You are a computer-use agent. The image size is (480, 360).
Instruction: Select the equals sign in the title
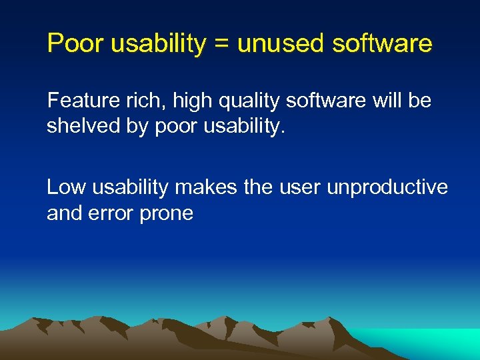coord(222,44)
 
